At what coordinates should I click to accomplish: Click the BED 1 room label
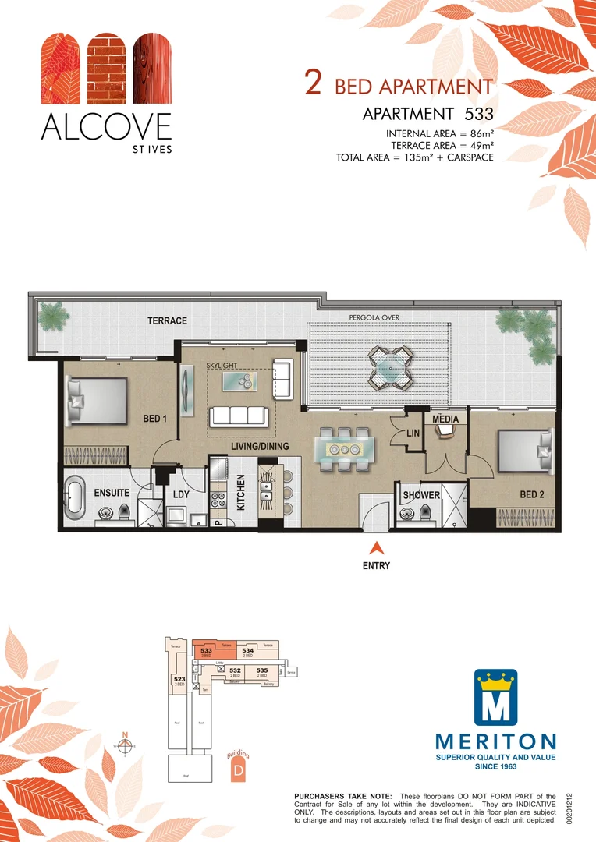pos(155,419)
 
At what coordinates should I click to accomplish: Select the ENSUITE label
pos(112,494)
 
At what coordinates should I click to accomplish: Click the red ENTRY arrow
pos(376,548)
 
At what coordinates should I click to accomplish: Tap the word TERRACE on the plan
pos(167,321)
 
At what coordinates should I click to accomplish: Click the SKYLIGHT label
pos(222,365)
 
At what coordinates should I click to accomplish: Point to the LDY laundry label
pos(181,494)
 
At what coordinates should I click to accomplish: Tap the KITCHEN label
pos(241,493)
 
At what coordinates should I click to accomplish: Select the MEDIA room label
pos(445,419)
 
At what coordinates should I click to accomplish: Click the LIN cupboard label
pos(413,433)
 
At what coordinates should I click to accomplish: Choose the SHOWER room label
pos(421,495)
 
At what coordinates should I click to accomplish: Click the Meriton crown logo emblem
pos(496,698)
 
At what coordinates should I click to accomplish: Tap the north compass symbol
pos(124,745)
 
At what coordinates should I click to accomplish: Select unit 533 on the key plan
pos(207,652)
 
